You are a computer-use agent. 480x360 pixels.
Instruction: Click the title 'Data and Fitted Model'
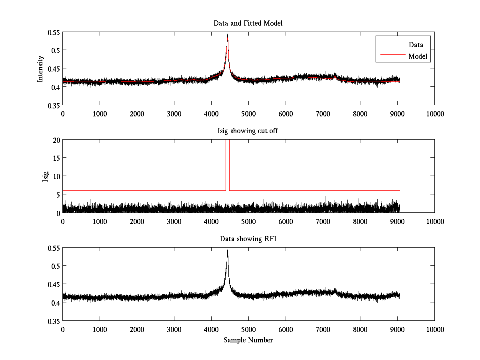point(248,23)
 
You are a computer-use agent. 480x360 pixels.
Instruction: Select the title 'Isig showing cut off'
point(248,131)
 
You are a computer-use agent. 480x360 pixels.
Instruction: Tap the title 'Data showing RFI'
point(248,239)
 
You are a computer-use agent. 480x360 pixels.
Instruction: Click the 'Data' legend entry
point(416,45)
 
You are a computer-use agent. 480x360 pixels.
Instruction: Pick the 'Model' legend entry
point(418,57)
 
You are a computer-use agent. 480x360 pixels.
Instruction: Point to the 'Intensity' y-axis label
point(40,69)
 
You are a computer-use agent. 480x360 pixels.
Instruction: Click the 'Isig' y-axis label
point(45,176)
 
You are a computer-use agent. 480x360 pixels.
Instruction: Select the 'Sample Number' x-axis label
point(248,340)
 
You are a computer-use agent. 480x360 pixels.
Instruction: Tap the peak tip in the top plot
point(228,34)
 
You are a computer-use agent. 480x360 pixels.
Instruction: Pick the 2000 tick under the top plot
point(137,114)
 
